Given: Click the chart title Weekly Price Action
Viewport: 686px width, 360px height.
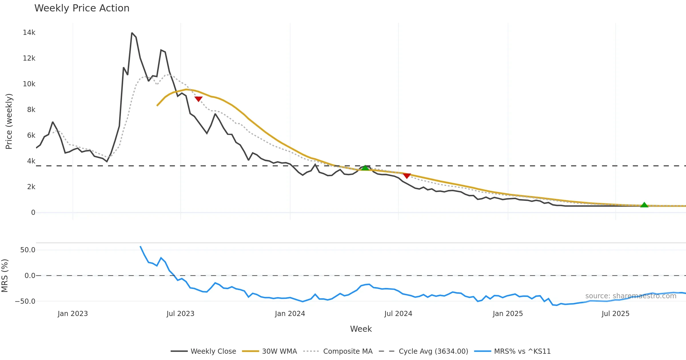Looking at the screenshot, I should (82, 8).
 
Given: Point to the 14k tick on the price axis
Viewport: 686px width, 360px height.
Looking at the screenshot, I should (29, 33).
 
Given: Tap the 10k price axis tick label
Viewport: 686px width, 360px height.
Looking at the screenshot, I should (29, 84).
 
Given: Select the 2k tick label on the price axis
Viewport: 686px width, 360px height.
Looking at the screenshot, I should (31, 187).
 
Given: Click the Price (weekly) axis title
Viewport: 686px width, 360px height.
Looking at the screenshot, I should (9, 121).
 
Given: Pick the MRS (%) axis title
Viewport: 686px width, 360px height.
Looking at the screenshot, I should (5, 275).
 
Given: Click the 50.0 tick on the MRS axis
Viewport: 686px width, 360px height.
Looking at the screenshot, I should (28, 250).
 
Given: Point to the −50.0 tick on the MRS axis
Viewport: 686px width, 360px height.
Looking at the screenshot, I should (25, 301).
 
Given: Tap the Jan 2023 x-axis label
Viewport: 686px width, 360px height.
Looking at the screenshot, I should (73, 314).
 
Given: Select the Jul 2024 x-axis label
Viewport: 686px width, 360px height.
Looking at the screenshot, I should (398, 314).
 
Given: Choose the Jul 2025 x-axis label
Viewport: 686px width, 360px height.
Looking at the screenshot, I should (615, 314).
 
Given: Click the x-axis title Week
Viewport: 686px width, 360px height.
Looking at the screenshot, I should (361, 329).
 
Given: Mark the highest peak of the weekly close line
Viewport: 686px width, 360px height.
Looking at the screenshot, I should (132, 33).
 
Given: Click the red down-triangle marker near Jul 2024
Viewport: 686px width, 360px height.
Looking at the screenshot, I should (407, 175).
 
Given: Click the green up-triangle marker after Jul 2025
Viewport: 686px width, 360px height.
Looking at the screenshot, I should (644, 205).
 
